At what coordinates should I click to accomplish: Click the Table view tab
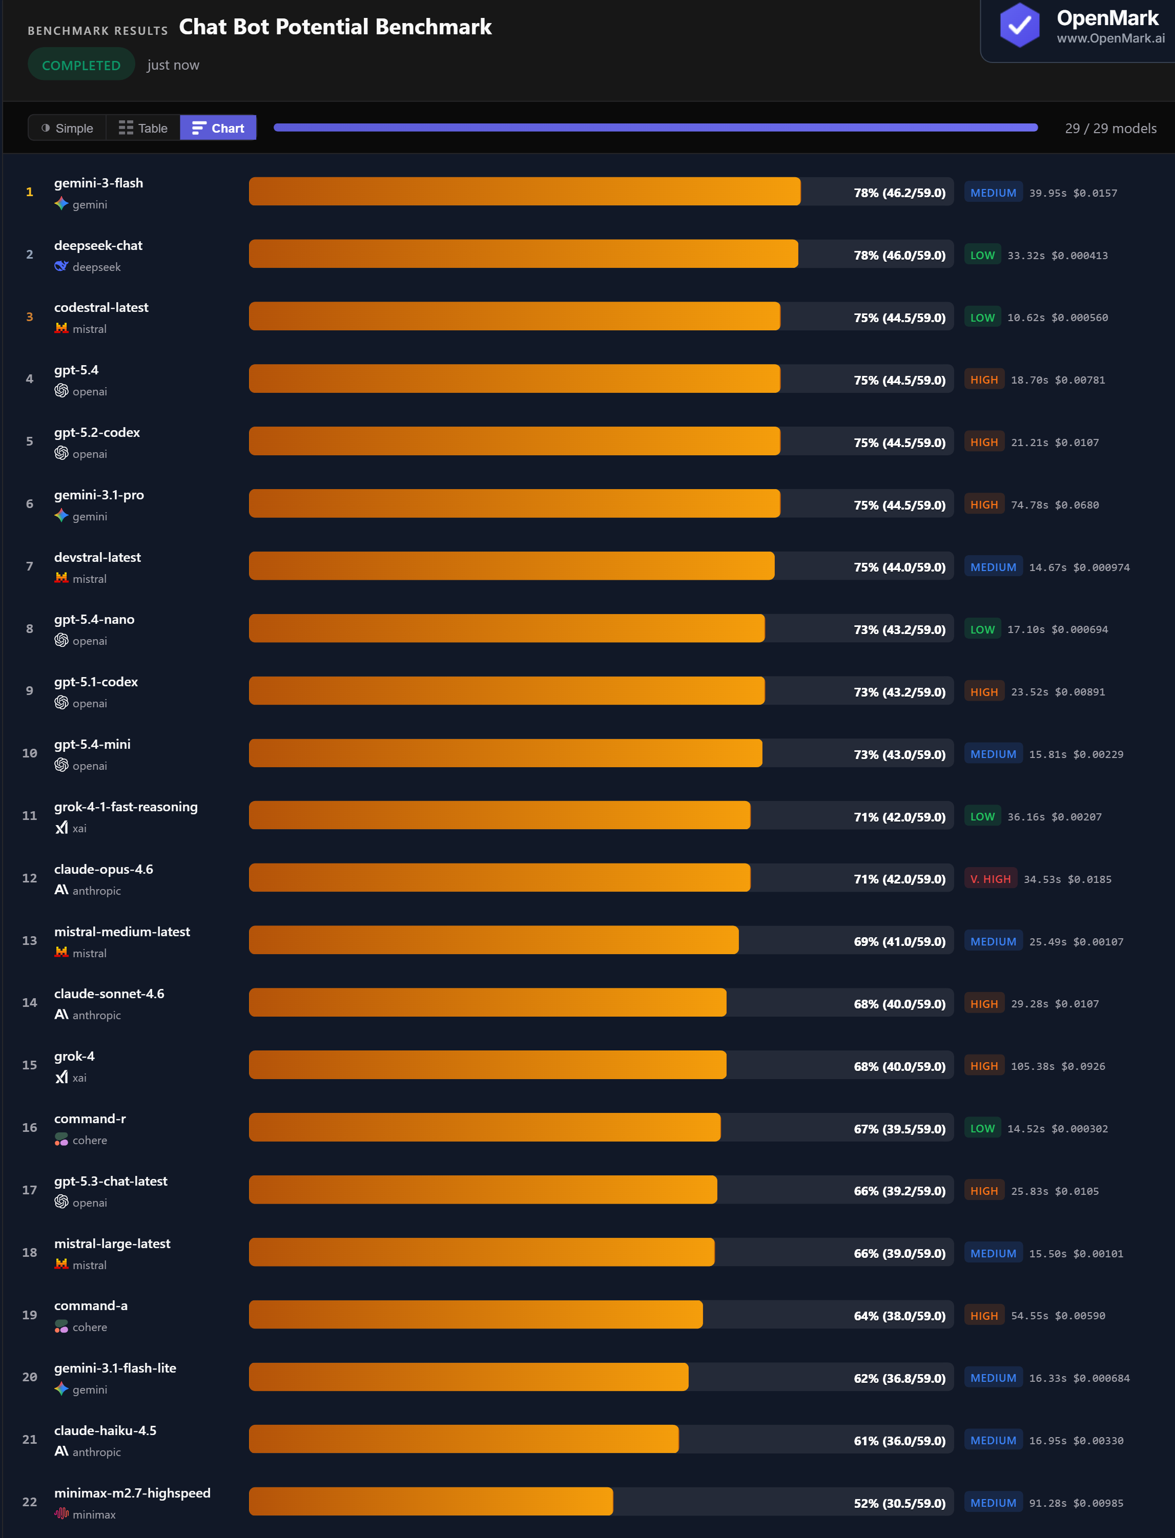pyautogui.click(x=143, y=128)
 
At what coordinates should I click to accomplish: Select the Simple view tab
pyautogui.click(x=67, y=128)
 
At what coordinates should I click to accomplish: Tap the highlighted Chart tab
pyautogui.click(x=218, y=128)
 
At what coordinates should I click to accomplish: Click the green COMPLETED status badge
pyautogui.click(x=81, y=65)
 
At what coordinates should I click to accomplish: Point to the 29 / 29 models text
pyautogui.click(x=1110, y=129)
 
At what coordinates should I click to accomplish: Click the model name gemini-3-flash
pyautogui.click(x=98, y=183)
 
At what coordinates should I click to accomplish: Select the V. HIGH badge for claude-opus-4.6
pyautogui.click(x=990, y=879)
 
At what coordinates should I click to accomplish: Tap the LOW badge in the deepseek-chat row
pyautogui.click(x=982, y=255)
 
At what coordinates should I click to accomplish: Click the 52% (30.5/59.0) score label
pyautogui.click(x=899, y=1503)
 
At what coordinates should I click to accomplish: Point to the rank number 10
pyautogui.click(x=29, y=753)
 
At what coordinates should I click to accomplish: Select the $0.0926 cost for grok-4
pyautogui.click(x=1083, y=1066)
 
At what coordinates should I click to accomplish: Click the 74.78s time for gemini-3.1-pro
pyautogui.click(x=1029, y=505)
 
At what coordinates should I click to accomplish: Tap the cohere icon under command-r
pyautogui.click(x=61, y=1140)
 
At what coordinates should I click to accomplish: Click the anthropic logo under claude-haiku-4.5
pyautogui.click(x=61, y=1452)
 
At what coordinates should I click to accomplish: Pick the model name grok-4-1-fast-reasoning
pyautogui.click(x=126, y=807)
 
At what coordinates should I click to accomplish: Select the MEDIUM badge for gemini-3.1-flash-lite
pyautogui.click(x=993, y=1378)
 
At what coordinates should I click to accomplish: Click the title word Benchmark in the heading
pyautogui.click(x=433, y=27)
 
